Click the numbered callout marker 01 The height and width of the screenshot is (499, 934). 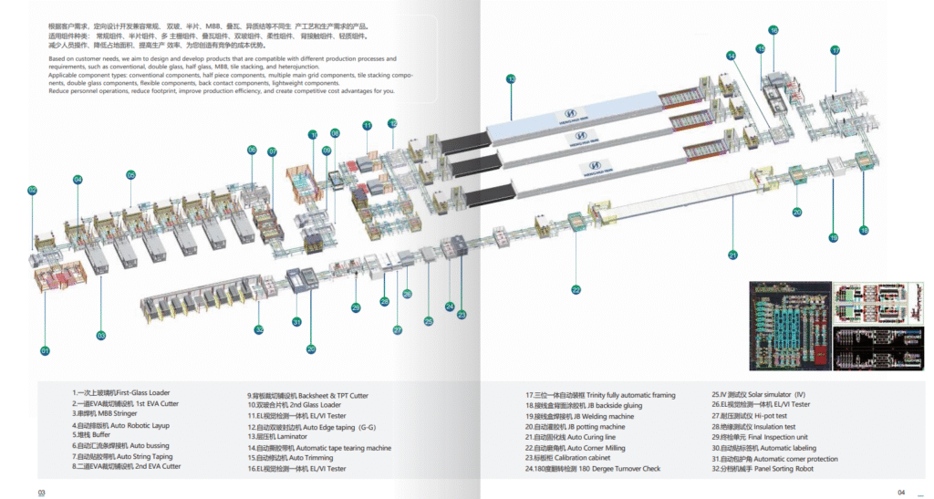pyautogui.click(x=44, y=350)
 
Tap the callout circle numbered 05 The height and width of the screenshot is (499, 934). pyautogui.click(x=130, y=174)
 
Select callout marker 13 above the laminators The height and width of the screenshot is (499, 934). pyautogui.click(x=511, y=80)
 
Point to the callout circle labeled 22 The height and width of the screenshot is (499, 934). pyautogui.click(x=576, y=290)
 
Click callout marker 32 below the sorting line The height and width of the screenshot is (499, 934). pyautogui.click(x=259, y=329)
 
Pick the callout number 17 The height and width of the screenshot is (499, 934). pyautogui.click(x=835, y=51)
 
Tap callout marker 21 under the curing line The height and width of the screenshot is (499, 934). pyautogui.click(x=732, y=255)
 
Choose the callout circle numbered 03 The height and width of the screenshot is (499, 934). pyautogui.click(x=101, y=336)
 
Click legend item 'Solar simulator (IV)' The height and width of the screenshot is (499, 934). pyautogui.click(x=758, y=394)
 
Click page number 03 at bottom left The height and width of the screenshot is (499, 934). pyautogui.click(x=41, y=493)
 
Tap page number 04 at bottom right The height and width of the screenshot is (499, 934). pyautogui.click(x=900, y=492)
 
